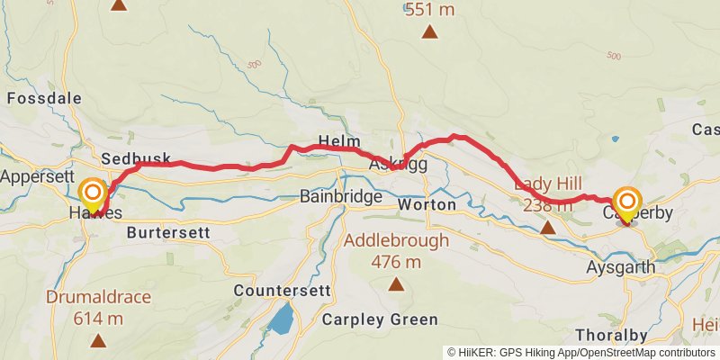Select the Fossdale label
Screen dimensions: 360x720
pyautogui.click(x=44, y=98)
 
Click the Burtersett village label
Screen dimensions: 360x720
pyautogui.click(x=168, y=232)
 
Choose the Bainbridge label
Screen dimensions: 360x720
pyautogui.click(x=341, y=196)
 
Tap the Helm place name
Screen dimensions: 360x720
pyautogui.click(x=339, y=142)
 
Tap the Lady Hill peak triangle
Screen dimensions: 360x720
pyautogui.click(x=547, y=228)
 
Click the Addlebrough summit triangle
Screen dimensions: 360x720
pyautogui.click(x=395, y=284)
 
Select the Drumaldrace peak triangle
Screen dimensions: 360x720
pyautogui.click(x=97, y=340)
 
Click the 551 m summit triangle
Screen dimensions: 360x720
pyautogui.click(x=430, y=33)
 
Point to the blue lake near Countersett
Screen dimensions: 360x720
pyautogui.click(x=283, y=318)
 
